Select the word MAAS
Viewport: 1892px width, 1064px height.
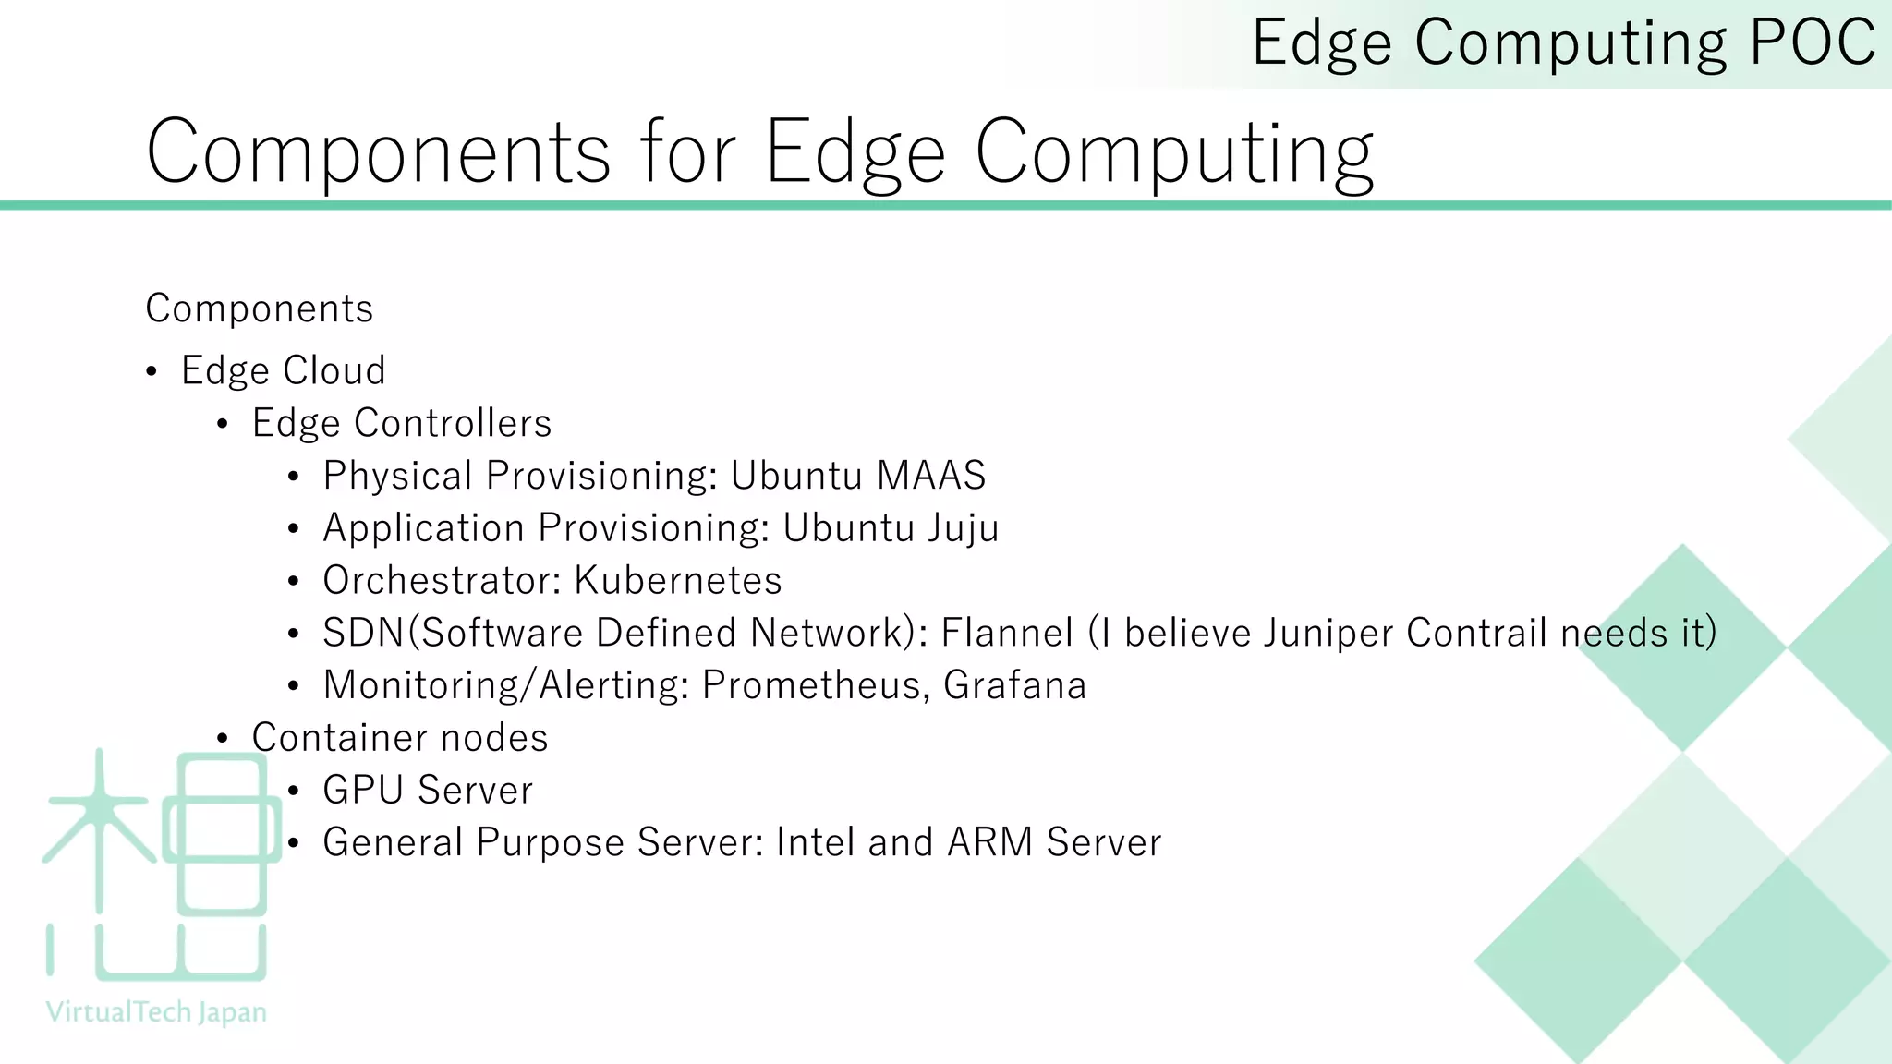pyautogui.click(x=931, y=476)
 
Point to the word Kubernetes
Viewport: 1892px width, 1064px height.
pyautogui.click(x=678, y=581)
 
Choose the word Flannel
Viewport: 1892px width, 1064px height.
pyautogui.click(x=1007, y=634)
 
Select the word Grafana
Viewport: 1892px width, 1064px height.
pyautogui.click(x=1014, y=685)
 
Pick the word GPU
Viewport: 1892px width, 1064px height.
pyautogui.click(x=364, y=791)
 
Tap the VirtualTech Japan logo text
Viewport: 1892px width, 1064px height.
pyautogui.click(x=156, y=1012)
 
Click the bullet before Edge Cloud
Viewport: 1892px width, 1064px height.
pyautogui.click(x=152, y=372)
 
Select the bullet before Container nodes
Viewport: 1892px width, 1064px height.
pyautogui.click(x=223, y=739)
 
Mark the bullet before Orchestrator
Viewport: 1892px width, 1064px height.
pyautogui.click(x=294, y=582)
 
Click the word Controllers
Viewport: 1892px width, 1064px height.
pyautogui.click(x=453, y=423)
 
